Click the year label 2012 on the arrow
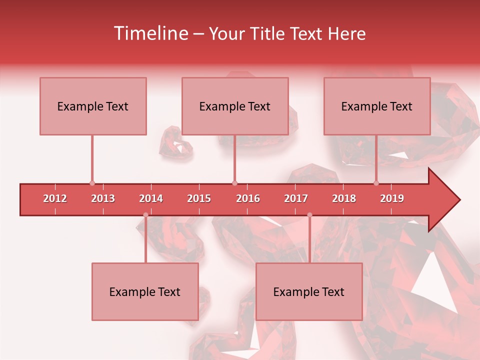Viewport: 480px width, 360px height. (55, 198)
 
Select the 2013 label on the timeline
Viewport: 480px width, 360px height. (103, 198)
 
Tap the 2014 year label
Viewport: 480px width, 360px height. (151, 198)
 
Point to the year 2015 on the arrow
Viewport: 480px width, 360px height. (199, 198)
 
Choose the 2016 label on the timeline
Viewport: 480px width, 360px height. (248, 198)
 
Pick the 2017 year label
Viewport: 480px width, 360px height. (296, 198)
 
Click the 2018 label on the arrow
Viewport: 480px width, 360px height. (344, 198)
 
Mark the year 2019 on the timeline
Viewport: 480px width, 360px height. (392, 198)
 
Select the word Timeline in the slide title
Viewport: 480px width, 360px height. (149, 33)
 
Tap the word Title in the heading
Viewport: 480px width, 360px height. (267, 33)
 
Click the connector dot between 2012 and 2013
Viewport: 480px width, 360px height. (92, 183)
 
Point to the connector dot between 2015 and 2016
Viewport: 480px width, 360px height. (235, 183)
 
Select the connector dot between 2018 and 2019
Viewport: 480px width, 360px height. (376, 183)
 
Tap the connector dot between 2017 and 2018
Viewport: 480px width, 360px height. (309, 215)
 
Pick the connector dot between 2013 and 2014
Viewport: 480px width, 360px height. (145, 215)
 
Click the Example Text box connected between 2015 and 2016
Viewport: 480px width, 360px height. (235, 106)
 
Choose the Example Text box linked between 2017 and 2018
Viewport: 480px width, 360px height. (309, 291)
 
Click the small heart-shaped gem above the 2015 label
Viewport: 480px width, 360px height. (175, 144)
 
